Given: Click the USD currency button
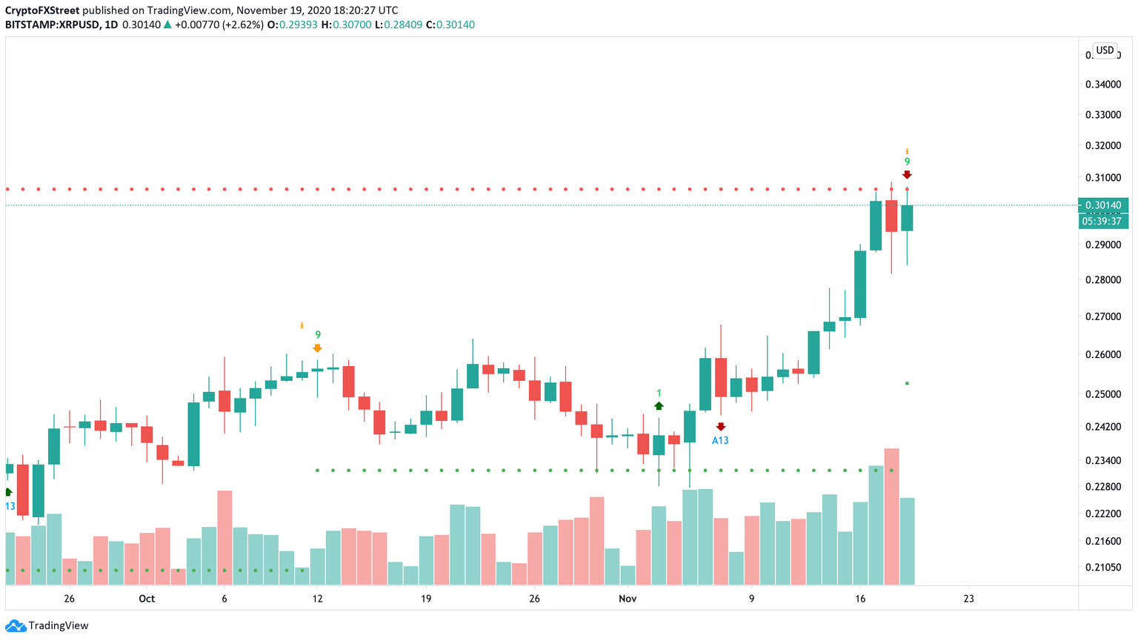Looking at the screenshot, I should [1105, 50].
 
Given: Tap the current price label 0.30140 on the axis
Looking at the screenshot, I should [1104, 205].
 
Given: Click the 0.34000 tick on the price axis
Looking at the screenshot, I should [1103, 84].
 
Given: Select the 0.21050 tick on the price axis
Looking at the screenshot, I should [1103, 568].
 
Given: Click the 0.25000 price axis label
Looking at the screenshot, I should [1103, 394].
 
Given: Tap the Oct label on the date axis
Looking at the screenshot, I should [147, 599].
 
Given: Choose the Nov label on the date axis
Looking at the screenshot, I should [628, 599].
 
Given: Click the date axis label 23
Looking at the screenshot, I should [968, 599].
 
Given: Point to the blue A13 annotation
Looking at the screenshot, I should [720, 440].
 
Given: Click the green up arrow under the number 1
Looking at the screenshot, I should [659, 406].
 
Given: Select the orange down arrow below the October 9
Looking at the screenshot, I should [317, 348].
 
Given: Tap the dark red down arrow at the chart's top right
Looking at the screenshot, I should [907, 175].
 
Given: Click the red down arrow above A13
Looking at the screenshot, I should [721, 427].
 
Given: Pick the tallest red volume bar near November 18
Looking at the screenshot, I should [891, 517].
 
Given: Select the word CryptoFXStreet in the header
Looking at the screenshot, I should [42, 10].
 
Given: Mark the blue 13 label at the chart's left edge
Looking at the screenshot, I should [10, 506].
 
